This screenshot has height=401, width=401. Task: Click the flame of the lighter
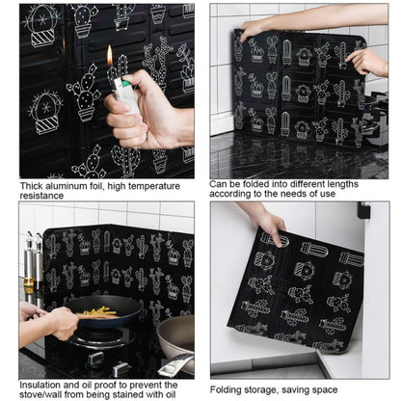click(x=109, y=56)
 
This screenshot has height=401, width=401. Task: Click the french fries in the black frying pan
click(x=97, y=310)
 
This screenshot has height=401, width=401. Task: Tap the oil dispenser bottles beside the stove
click(x=33, y=262)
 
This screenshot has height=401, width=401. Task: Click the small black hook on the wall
click(x=362, y=210)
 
